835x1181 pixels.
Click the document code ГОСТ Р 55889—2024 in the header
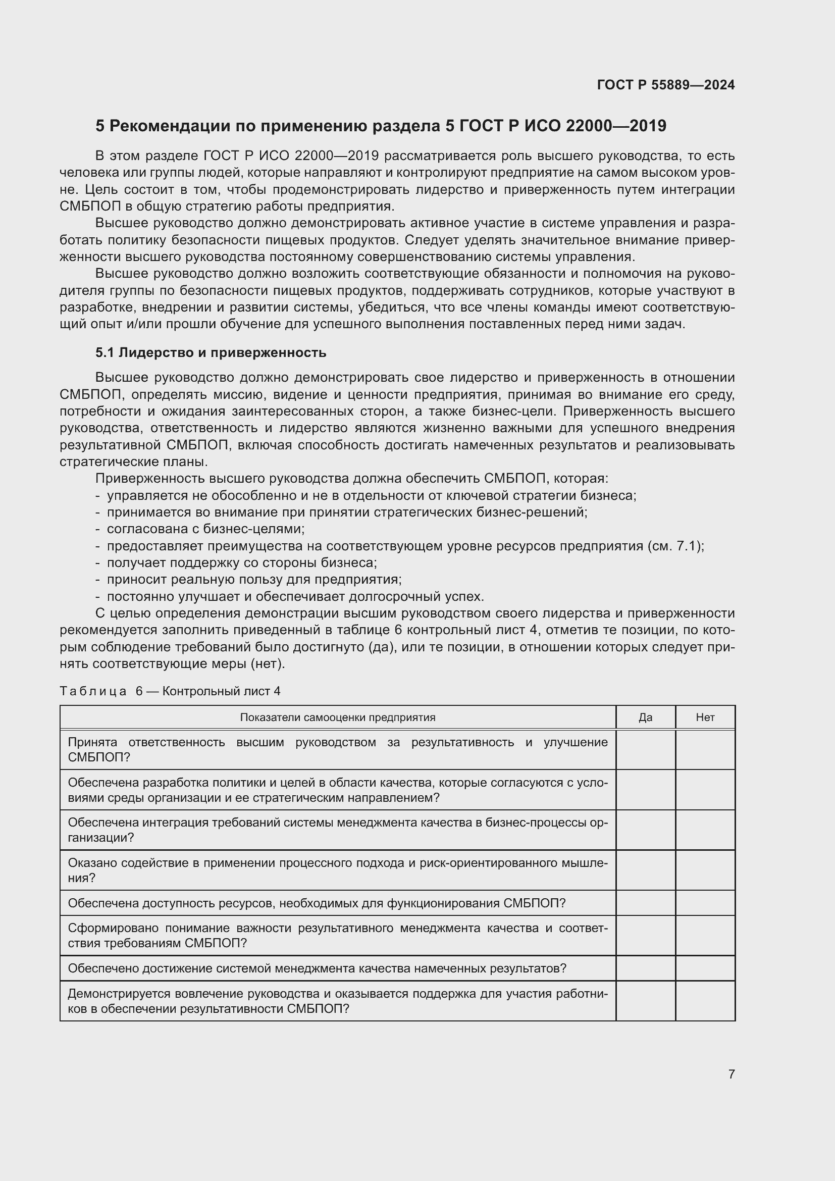[x=665, y=85]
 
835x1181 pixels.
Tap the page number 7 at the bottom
[x=731, y=1074]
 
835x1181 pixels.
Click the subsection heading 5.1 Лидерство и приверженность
[x=211, y=353]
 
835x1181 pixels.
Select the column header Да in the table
[x=645, y=717]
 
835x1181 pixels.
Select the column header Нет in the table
[x=705, y=717]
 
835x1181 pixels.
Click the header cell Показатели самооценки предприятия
[x=337, y=717]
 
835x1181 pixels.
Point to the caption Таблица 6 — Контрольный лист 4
[x=170, y=691]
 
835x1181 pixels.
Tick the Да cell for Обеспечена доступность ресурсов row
[x=645, y=903]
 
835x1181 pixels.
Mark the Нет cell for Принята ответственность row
[x=705, y=750]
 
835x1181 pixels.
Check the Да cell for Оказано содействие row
[x=645, y=870]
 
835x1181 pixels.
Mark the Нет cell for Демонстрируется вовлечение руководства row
[x=705, y=1001]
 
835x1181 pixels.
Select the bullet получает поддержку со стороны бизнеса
[x=242, y=562]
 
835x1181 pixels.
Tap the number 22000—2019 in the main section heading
[x=615, y=126]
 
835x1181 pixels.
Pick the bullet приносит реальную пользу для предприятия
[x=254, y=580]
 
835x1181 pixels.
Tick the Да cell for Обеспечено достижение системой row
[x=645, y=968]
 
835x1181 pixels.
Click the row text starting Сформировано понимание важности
[x=337, y=936]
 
